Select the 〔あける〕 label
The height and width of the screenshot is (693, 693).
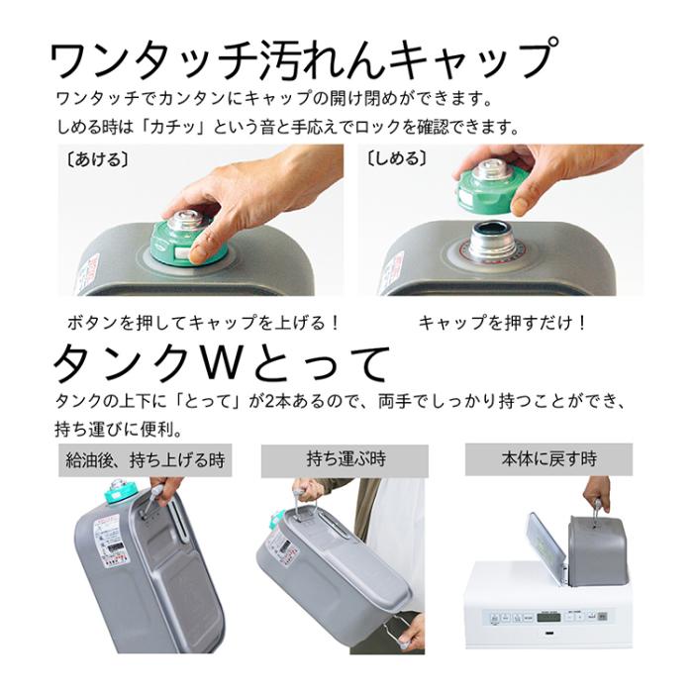tap(96, 158)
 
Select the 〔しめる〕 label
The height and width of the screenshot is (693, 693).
tap(396, 158)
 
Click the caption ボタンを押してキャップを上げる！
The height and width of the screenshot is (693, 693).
tap(204, 323)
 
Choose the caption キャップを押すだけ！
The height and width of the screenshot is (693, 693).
tap(503, 323)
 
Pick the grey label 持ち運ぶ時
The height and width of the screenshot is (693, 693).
tap(346, 460)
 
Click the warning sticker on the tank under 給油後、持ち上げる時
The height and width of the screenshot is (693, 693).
tap(112, 544)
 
